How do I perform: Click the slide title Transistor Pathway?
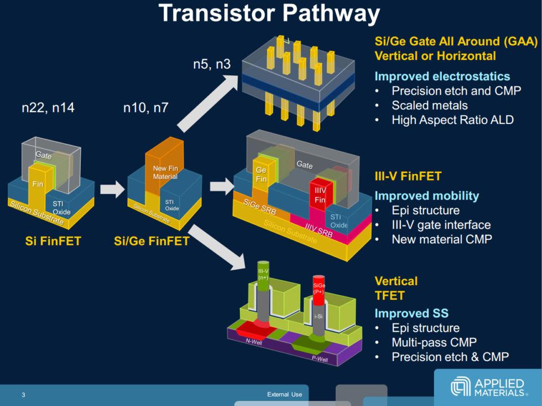click(x=269, y=14)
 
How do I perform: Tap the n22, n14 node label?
click(x=48, y=109)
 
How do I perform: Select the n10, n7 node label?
click(x=145, y=109)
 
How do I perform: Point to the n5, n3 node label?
click(x=212, y=64)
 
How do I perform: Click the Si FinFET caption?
click(x=53, y=241)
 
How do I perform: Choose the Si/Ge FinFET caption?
click(x=152, y=241)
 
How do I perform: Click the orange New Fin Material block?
click(x=165, y=166)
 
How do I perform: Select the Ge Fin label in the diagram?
click(x=261, y=175)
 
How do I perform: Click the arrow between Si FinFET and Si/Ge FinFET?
click(x=112, y=189)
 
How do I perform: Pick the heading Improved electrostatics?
click(x=442, y=76)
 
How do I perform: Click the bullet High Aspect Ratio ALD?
click(x=452, y=120)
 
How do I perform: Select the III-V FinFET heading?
click(x=408, y=177)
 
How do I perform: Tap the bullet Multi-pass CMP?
click(x=434, y=342)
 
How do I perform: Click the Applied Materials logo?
click(x=487, y=387)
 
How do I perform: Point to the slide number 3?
click(x=23, y=394)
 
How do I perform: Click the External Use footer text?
click(x=284, y=394)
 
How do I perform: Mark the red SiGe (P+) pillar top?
click(x=318, y=285)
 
